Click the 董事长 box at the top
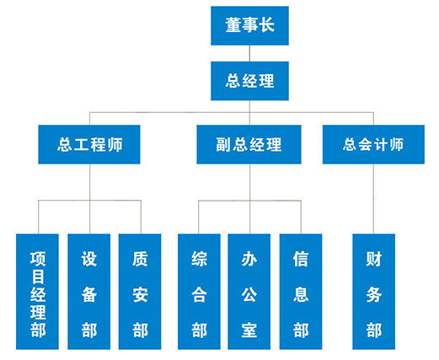click(x=249, y=25)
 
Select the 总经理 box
click(x=249, y=81)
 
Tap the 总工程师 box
click(x=89, y=144)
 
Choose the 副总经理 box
click(x=249, y=144)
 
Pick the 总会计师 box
click(x=373, y=144)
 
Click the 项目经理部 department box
click(x=37, y=292)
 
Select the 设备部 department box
click(x=89, y=292)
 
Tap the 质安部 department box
click(x=140, y=292)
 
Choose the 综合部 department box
click(x=199, y=292)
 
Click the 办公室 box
click(x=249, y=292)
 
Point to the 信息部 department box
click(x=301, y=292)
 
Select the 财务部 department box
click(x=374, y=292)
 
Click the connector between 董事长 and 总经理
click(x=249, y=53)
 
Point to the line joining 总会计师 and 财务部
click(x=373, y=199)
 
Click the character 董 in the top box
click(x=233, y=25)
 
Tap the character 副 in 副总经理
click(x=224, y=145)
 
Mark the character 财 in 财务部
click(x=374, y=259)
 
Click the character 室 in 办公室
click(x=249, y=330)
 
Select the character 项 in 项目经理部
click(x=38, y=259)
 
